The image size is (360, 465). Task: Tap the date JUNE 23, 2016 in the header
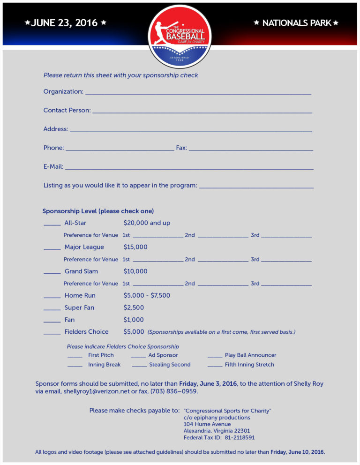click(x=64, y=23)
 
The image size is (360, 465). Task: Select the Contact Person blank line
click(x=202, y=112)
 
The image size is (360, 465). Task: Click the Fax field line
click(x=251, y=150)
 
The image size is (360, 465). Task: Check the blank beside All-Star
click(x=52, y=225)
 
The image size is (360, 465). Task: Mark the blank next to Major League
click(x=52, y=249)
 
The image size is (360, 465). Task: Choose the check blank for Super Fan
click(x=52, y=310)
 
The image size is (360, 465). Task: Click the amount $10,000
click(x=135, y=271)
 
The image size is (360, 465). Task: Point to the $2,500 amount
click(x=134, y=308)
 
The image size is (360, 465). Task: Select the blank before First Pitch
click(x=75, y=358)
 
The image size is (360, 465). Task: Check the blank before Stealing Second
click(x=139, y=367)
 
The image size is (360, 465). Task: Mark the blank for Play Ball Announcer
click(x=215, y=358)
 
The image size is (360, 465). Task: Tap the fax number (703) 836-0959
click(x=174, y=391)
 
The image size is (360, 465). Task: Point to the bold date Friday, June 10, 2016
click(x=298, y=452)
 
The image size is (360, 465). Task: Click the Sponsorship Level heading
click(x=98, y=211)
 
